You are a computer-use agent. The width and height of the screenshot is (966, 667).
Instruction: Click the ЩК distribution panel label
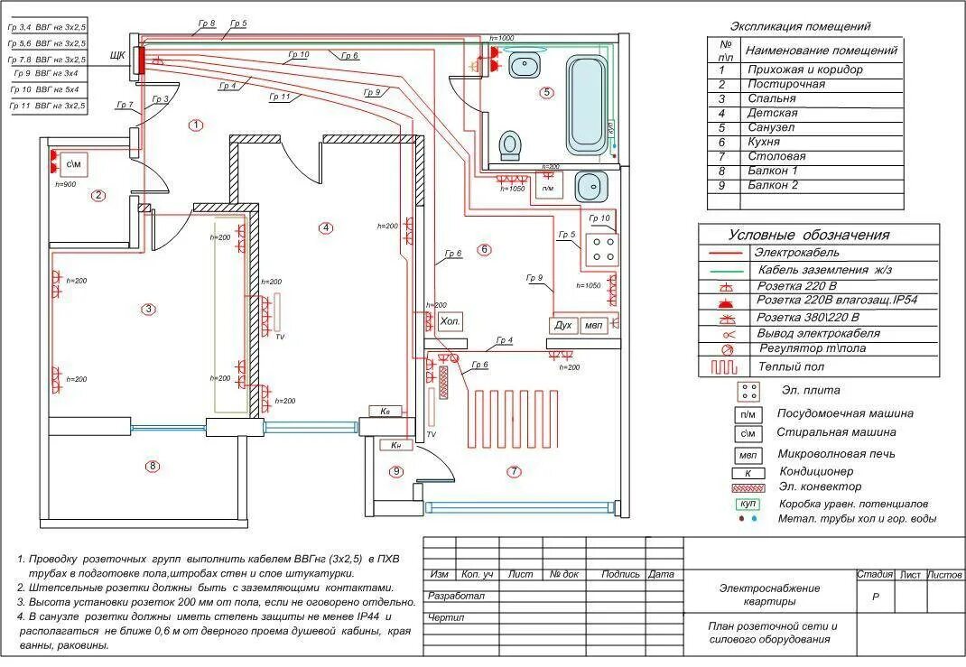click(x=117, y=56)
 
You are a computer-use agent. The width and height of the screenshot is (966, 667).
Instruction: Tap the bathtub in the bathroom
click(x=588, y=104)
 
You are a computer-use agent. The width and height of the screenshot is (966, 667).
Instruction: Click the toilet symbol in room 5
click(x=511, y=144)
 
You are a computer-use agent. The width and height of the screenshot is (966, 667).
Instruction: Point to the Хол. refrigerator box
click(x=450, y=321)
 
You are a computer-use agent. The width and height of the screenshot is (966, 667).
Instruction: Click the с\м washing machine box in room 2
click(x=74, y=164)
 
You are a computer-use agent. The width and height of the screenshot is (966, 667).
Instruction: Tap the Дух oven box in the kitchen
click(x=563, y=325)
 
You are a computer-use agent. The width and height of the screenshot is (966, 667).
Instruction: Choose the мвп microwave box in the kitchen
click(x=593, y=325)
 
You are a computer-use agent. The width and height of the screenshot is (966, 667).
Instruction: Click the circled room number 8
click(x=153, y=466)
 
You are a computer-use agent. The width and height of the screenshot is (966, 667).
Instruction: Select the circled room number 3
click(x=148, y=309)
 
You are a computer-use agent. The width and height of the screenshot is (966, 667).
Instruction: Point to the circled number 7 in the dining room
click(x=514, y=471)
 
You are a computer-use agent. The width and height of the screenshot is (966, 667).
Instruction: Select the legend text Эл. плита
click(x=810, y=390)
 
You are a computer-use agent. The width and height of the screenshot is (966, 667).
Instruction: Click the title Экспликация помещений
click(x=800, y=27)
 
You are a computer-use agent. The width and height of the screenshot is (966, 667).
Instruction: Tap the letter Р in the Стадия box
click(x=875, y=597)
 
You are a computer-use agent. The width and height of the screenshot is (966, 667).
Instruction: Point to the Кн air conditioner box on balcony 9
click(x=395, y=445)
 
